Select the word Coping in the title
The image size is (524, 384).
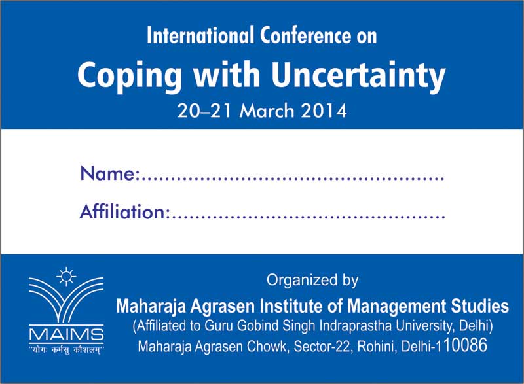[130, 76]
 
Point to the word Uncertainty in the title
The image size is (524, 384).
[358, 76]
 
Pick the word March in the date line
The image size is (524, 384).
[267, 111]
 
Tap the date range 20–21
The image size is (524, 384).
[204, 111]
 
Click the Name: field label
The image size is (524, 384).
[109, 173]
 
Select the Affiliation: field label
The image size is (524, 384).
[124, 211]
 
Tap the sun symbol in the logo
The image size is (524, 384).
[66, 277]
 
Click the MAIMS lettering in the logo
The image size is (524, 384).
[66, 334]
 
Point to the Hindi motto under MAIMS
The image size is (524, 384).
[66, 350]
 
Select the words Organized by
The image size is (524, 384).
[312, 280]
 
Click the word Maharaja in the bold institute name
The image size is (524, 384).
[151, 306]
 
